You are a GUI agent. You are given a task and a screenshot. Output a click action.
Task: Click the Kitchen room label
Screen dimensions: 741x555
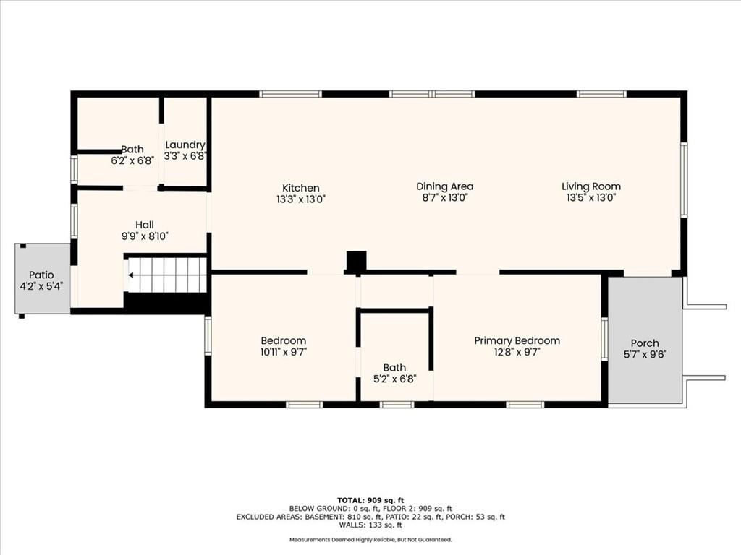pyautogui.click(x=301, y=188)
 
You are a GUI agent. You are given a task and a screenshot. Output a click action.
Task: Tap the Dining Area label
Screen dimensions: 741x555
pyautogui.click(x=445, y=186)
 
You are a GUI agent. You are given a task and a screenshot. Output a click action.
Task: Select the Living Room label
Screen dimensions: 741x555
pyautogui.click(x=591, y=186)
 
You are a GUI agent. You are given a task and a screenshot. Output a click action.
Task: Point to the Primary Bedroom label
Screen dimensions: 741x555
pyautogui.click(x=517, y=341)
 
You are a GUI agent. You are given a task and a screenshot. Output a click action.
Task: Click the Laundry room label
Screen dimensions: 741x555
pyautogui.click(x=185, y=145)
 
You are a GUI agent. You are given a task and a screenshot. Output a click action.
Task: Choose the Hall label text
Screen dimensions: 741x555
pyautogui.click(x=145, y=225)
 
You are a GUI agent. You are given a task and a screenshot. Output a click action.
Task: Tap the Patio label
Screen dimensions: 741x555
pyautogui.click(x=41, y=275)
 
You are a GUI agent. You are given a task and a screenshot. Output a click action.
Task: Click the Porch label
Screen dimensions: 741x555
pyautogui.click(x=645, y=343)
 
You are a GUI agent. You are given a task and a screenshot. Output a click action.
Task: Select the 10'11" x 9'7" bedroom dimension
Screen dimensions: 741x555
pyautogui.click(x=284, y=352)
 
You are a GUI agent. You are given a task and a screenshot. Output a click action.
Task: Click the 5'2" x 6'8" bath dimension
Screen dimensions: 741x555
pyautogui.click(x=394, y=379)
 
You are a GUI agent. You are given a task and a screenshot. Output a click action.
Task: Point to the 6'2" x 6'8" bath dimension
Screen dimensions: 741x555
pyautogui.click(x=132, y=160)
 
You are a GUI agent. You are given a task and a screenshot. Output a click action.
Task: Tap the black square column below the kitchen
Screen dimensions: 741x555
pyautogui.click(x=356, y=260)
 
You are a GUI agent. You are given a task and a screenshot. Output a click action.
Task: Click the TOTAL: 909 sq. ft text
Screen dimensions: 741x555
pyautogui.click(x=370, y=500)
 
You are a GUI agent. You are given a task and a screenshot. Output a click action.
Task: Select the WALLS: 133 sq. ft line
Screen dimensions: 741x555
pyautogui.click(x=370, y=525)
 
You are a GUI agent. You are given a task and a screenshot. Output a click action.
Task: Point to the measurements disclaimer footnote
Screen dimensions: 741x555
pyautogui.click(x=370, y=539)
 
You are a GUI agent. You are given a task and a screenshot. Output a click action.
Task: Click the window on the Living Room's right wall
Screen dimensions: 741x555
pyautogui.click(x=683, y=180)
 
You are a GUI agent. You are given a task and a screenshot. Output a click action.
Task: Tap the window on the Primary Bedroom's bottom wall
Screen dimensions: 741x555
pyautogui.click(x=525, y=405)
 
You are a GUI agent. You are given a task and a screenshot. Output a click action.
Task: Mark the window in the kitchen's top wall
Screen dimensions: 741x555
pyautogui.click(x=291, y=94)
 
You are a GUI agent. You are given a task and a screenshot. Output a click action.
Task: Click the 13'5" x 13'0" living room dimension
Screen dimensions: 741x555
pyautogui.click(x=591, y=198)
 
